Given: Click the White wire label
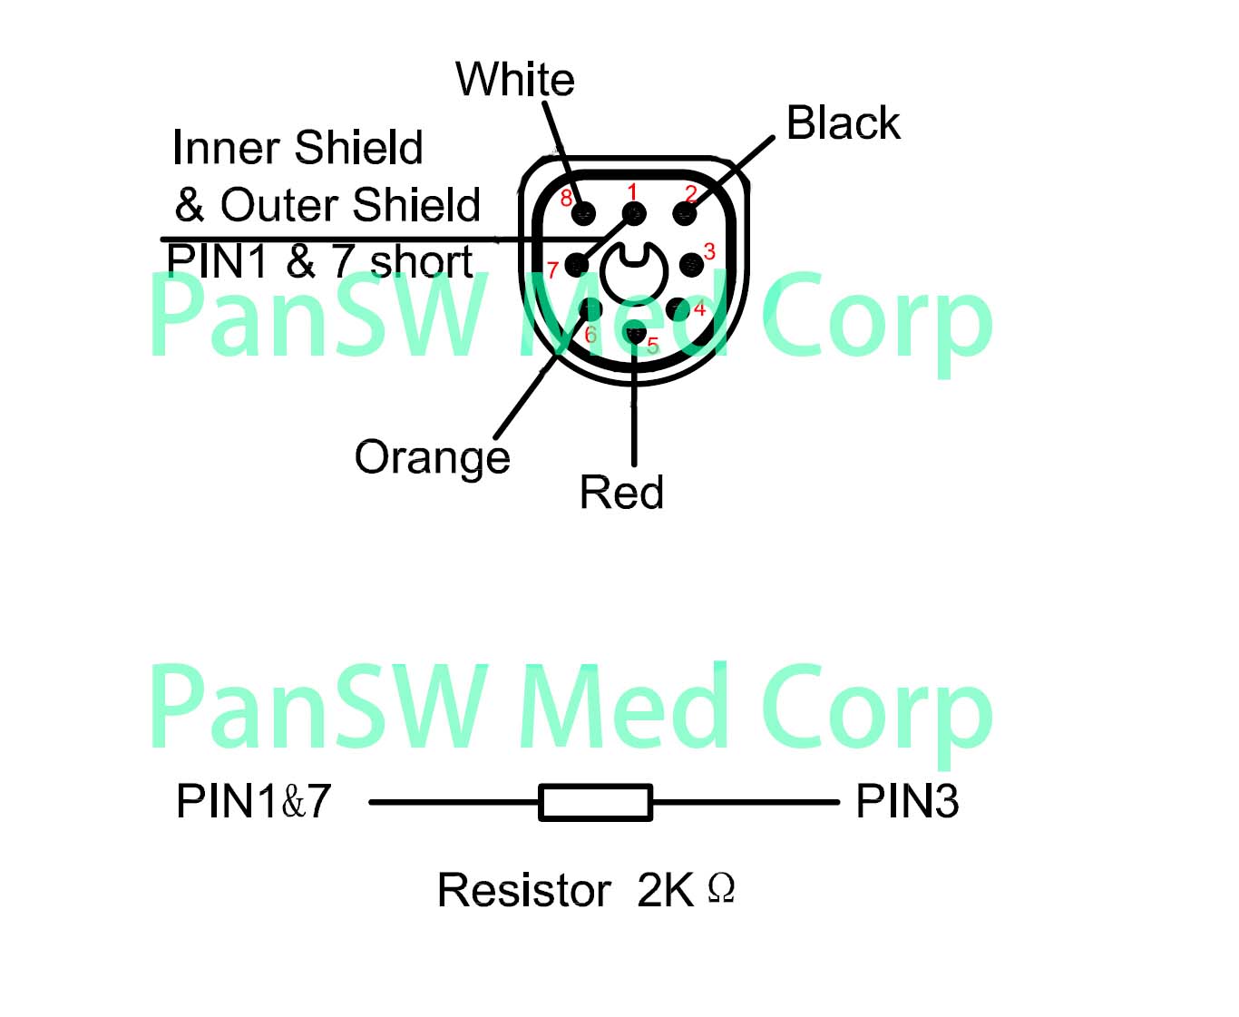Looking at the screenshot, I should coord(514,80).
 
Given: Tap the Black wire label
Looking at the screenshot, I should coord(843,123).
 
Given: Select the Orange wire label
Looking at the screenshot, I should coord(432,458).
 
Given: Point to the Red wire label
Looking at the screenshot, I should coord(621,493).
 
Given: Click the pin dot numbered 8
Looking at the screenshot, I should coord(584,214).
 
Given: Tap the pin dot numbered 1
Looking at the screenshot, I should coord(634,214).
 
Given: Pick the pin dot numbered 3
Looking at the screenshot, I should coord(691,264).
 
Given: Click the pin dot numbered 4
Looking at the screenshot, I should coord(678,309).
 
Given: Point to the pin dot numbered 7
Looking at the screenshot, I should coord(577,265).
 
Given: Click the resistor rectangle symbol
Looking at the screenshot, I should coord(595,802).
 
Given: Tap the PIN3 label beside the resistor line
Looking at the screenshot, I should coord(907,801).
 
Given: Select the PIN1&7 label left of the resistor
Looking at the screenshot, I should coord(253,801).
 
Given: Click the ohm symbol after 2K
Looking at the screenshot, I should coord(721,887).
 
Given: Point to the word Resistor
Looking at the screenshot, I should coord(523,890).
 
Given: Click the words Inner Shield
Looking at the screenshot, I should coord(298,148).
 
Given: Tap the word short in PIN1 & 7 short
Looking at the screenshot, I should coord(421,262).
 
